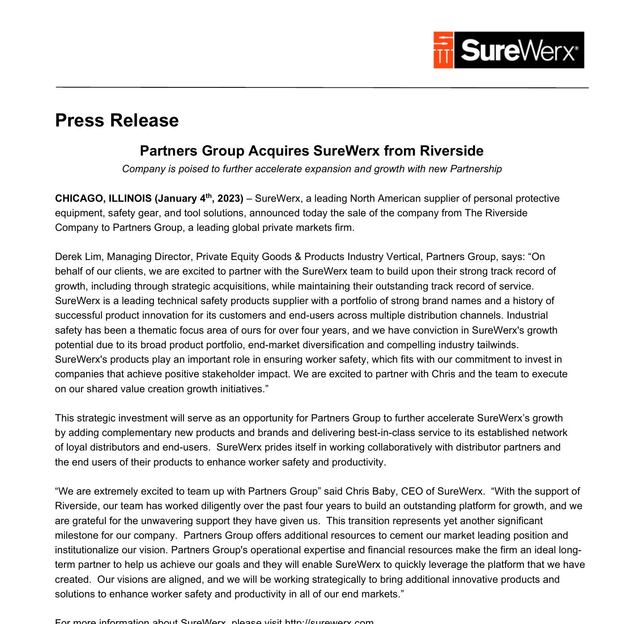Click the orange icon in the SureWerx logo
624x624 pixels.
(x=443, y=50)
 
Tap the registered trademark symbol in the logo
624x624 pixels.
(x=576, y=49)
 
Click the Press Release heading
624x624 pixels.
(x=117, y=120)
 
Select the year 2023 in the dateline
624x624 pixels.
(x=230, y=199)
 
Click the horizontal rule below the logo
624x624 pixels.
(x=322, y=87)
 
